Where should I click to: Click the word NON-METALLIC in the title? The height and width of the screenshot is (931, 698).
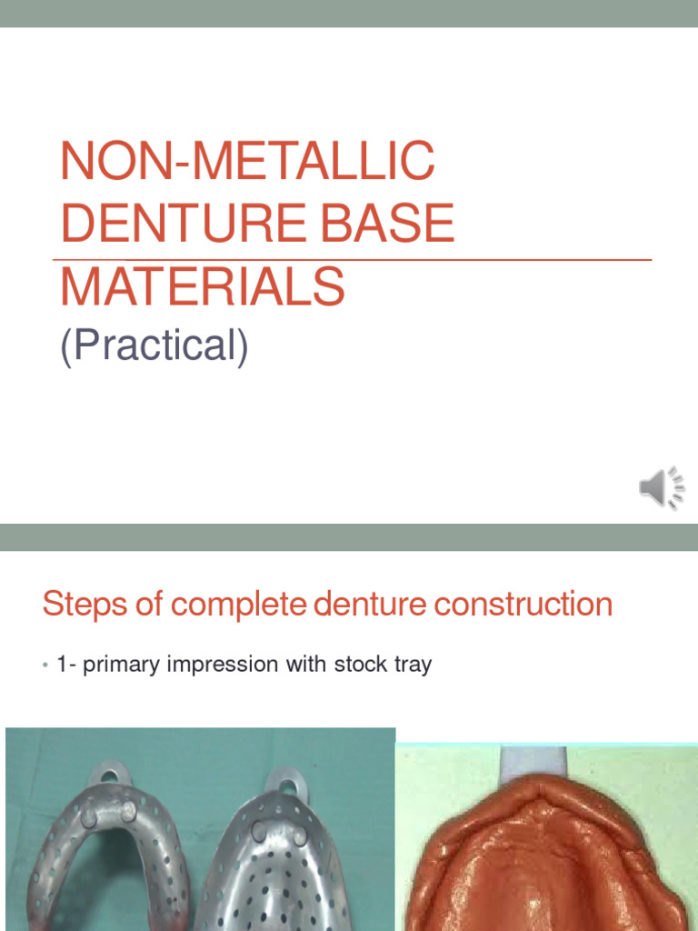(x=247, y=161)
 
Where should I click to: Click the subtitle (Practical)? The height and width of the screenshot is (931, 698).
(x=154, y=345)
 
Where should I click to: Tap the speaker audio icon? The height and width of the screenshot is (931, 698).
(x=661, y=488)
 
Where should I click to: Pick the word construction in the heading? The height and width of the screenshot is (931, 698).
(x=511, y=604)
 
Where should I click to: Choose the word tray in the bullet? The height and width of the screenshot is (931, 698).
(x=413, y=665)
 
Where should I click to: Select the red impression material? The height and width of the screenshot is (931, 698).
(x=545, y=864)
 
